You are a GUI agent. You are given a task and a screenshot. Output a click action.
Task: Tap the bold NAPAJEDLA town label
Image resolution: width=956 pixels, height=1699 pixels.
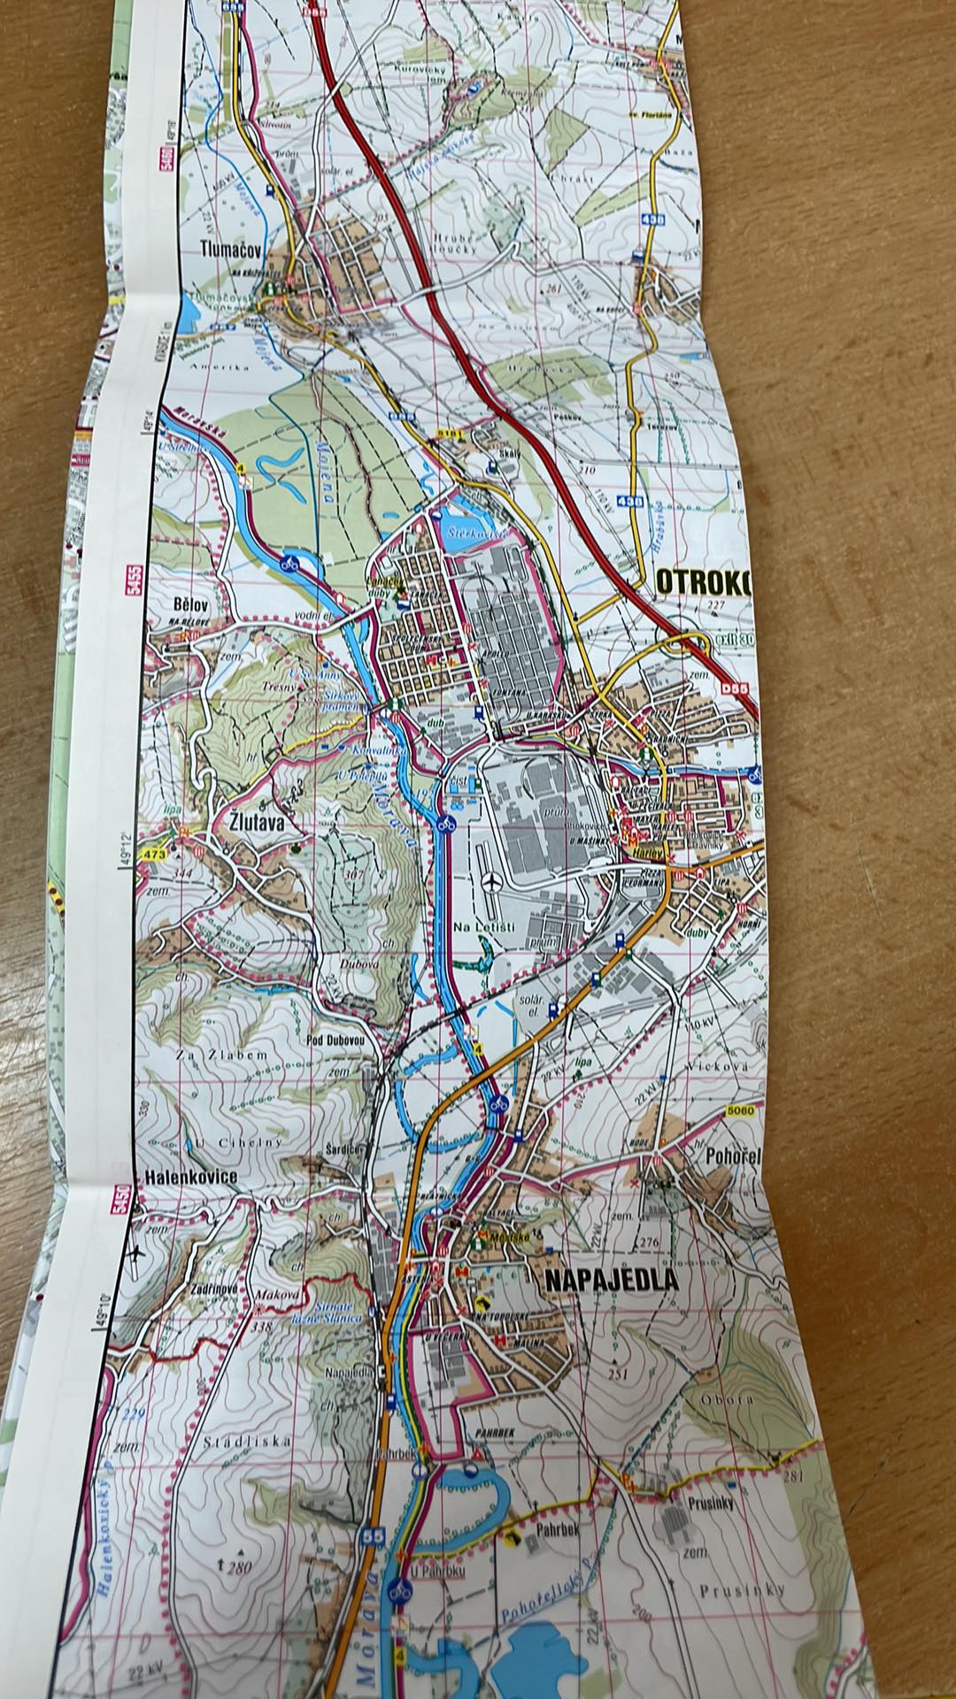point(611,1280)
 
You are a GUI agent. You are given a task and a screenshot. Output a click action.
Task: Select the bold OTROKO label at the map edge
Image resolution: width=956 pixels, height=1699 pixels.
point(704,583)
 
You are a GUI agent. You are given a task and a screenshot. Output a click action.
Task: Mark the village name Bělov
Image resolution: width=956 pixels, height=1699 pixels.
point(190,603)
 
